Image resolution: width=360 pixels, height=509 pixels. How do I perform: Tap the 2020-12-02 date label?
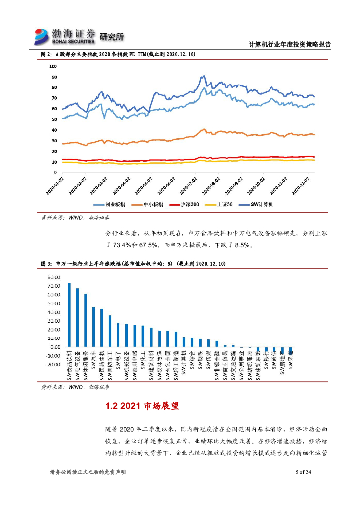[303, 185]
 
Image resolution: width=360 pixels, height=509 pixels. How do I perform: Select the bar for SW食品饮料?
[69, 315]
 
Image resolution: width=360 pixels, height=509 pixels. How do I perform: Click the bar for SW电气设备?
[77, 318]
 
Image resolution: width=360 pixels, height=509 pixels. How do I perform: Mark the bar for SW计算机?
[184, 342]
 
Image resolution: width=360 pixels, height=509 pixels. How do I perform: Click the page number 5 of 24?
[303, 472]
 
